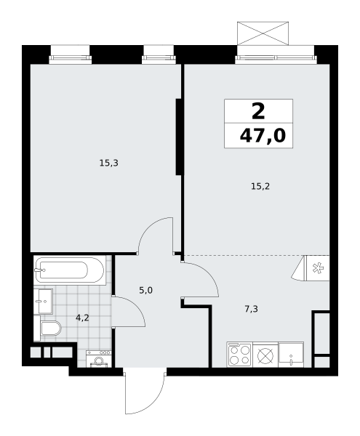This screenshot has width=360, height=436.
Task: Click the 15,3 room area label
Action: pyautogui.click(x=109, y=163)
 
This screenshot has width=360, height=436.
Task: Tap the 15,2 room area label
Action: pyautogui.click(x=260, y=186)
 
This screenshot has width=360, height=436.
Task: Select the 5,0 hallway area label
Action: pyautogui.click(x=145, y=291)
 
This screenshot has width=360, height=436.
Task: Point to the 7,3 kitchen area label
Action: pyautogui.click(x=251, y=309)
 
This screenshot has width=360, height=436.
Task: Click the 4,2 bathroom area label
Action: pyautogui.click(x=82, y=318)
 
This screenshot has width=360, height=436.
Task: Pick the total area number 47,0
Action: pyautogui.click(x=263, y=136)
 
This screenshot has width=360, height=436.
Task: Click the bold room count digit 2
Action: pyautogui.click(x=258, y=111)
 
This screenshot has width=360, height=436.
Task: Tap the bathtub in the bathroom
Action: pyautogui.click(x=70, y=270)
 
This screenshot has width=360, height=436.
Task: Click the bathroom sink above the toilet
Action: pyautogui.click(x=43, y=301)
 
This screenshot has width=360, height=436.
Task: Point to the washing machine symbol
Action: pyautogui.click(x=99, y=359)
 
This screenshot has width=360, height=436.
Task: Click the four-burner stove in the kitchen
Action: pyautogui.click(x=239, y=355)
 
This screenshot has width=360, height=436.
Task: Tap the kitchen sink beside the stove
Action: pyautogui.click(x=291, y=355)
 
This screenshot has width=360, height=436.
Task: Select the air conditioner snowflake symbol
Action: pyautogui.click(x=318, y=268)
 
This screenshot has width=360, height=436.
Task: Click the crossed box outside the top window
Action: pyautogui.click(x=263, y=33)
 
